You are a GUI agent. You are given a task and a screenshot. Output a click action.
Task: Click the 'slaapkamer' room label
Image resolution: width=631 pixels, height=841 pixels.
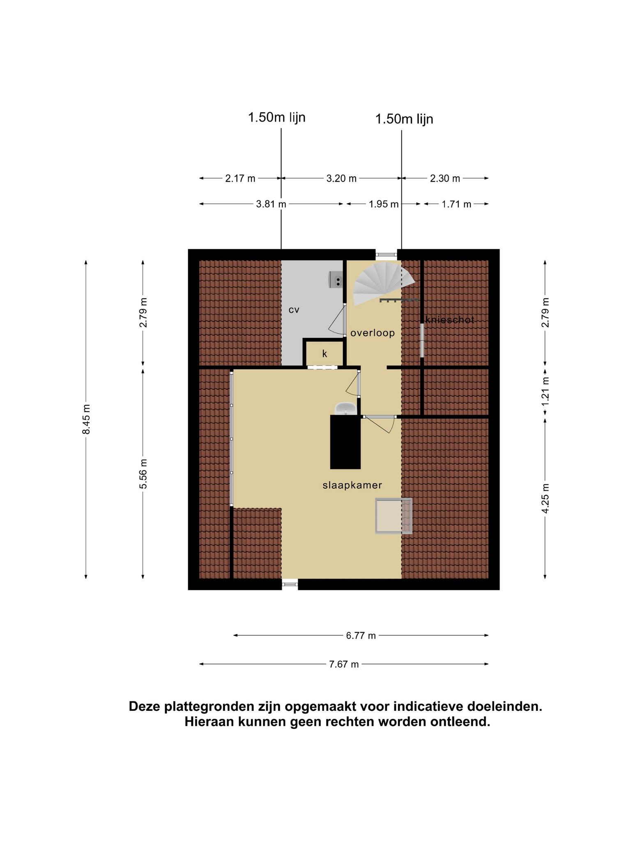click(x=352, y=485)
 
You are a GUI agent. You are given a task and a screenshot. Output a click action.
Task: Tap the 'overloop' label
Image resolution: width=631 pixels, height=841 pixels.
click(x=373, y=333)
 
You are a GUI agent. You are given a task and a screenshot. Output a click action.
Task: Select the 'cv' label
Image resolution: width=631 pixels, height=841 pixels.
click(x=294, y=310)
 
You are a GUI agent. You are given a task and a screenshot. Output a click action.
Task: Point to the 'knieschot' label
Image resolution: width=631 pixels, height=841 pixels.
click(x=450, y=320)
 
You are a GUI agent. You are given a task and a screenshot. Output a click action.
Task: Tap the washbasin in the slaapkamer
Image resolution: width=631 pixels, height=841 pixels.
click(x=346, y=409)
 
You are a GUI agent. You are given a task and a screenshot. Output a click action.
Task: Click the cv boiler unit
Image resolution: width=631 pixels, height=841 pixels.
click(x=336, y=280)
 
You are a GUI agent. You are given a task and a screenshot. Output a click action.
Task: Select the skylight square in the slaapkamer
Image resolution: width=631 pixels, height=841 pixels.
click(x=394, y=516)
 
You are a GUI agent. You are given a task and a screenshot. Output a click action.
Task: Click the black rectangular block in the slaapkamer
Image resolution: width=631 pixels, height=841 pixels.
click(x=345, y=442)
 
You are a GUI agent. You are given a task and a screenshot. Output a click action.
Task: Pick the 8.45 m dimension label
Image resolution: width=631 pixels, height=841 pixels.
click(x=86, y=419)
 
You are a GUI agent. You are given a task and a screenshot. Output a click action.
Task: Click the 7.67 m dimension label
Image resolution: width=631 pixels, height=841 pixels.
click(x=344, y=664)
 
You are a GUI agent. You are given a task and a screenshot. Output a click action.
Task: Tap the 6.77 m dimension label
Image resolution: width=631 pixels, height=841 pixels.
click(x=361, y=636)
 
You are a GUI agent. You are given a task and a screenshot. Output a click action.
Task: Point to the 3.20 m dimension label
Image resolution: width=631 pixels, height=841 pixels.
click(x=341, y=179)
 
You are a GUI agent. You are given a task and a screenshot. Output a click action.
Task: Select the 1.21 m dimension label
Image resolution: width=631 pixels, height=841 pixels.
click(x=545, y=392)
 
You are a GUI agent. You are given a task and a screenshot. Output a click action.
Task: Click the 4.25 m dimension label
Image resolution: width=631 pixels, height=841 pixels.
click(x=545, y=498)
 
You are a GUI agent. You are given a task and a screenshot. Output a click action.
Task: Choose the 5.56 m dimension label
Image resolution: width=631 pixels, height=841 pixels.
click(x=143, y=474)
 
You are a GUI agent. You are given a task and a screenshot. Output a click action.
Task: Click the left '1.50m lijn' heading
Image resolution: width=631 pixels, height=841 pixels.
click(x=276, y=117)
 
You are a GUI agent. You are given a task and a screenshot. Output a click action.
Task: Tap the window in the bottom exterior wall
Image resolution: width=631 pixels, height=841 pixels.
click(x=290, y=584)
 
